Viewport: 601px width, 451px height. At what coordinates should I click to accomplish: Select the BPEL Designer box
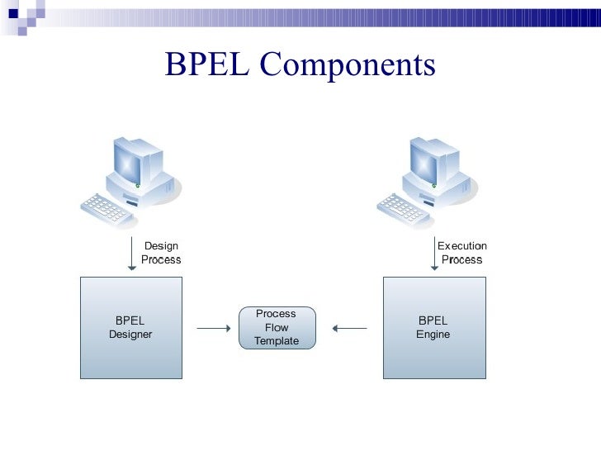[x=130, y=328]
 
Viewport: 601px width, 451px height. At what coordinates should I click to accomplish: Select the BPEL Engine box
[x=434, y=328]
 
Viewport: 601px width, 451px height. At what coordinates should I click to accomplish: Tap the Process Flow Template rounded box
[x=277, y=328]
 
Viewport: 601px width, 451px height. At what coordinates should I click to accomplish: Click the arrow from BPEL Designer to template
[x=214, y=329]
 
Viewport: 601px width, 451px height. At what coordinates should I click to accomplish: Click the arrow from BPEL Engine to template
[x=349, y=329]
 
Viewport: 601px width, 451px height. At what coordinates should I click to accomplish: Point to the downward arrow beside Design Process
[x=131, y=254]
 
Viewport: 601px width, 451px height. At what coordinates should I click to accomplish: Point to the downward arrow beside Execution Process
[x=434, y=254]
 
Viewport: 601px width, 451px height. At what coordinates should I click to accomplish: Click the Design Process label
[x=161, y=253]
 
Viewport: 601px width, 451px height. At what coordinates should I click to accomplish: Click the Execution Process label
[x=462, y=253]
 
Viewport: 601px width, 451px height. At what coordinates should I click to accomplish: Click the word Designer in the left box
[x=130, y=335]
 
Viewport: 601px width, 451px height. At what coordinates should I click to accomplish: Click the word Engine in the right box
[x=433, y=335]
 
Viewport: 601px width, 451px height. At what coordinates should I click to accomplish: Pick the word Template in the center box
[x=277, y=341]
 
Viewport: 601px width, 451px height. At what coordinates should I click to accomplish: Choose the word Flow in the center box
[x=277, y=328]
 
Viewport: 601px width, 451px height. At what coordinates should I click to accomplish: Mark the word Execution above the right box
[x=462, y=246]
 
